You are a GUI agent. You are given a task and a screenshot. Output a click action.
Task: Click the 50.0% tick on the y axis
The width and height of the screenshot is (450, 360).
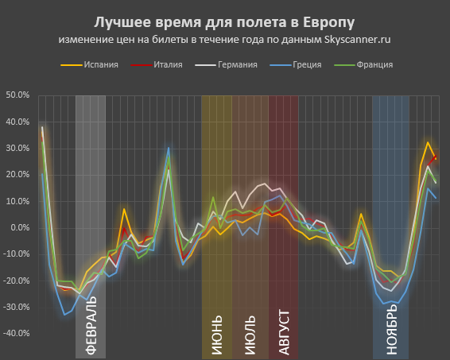(17, 95)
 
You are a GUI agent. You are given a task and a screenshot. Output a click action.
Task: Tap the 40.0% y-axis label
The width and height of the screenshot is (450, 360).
(17, 122)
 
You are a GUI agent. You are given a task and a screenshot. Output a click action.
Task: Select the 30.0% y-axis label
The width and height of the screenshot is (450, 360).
(17, 149)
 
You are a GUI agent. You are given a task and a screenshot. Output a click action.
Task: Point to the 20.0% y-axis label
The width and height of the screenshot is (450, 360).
(17, 175)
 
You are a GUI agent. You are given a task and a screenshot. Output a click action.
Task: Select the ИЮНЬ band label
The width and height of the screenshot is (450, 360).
(217, 335)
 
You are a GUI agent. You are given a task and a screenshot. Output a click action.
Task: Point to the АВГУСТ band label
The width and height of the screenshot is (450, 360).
(284, 330)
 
